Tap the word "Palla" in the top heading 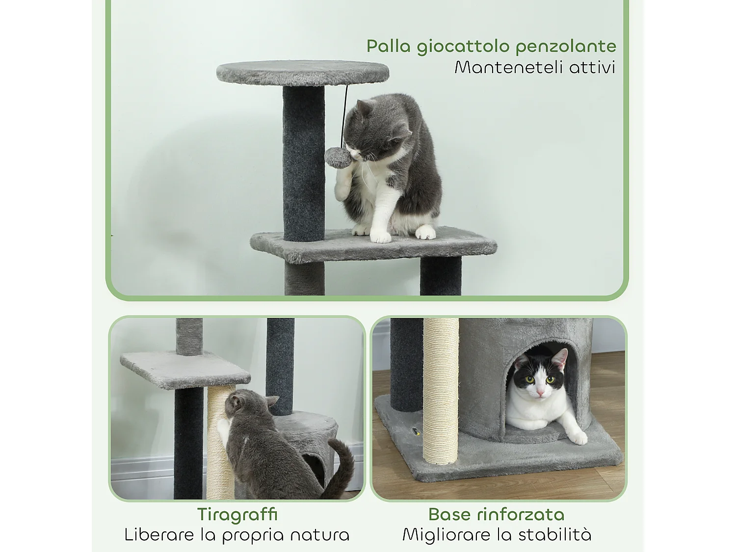coord(389,46)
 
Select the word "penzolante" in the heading coord(565,46)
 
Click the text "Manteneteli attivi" coord(534,67)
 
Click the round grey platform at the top coord(302,72)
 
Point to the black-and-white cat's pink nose coord(539,394)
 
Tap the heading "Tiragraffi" coord(237,514)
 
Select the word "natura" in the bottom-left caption coord(320,535)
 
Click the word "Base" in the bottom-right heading coord(449,514)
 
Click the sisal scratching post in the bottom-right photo coord(441,393)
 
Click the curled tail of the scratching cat coord(343,466)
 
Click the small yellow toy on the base coord(416,432)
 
